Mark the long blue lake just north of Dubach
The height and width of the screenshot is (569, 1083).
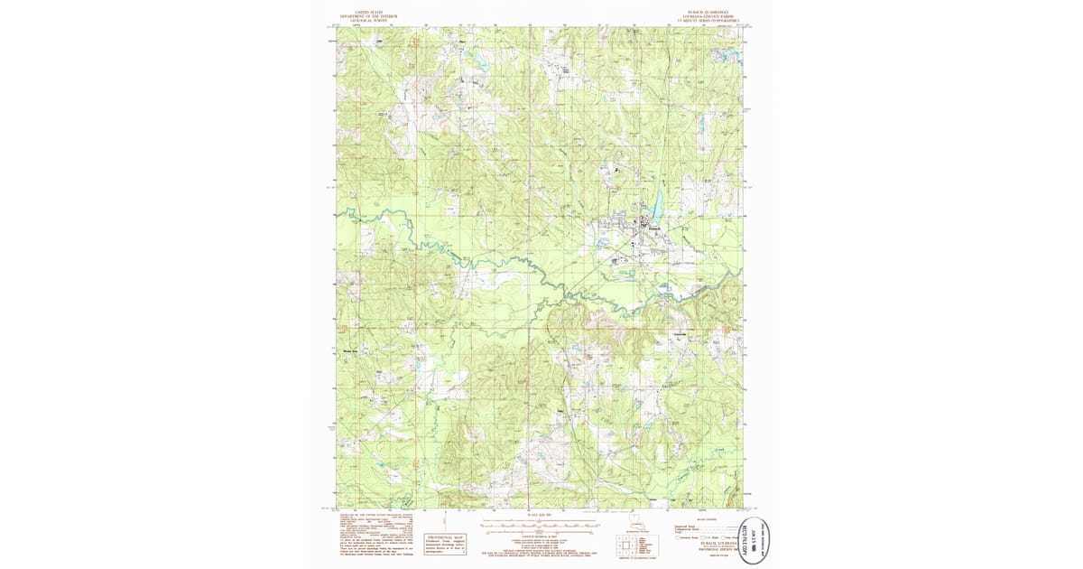click(x=656, y=204)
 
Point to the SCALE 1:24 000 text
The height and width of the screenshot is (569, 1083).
click(x=540, y=515)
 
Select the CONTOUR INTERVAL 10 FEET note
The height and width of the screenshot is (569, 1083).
click(x=540, y=536)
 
